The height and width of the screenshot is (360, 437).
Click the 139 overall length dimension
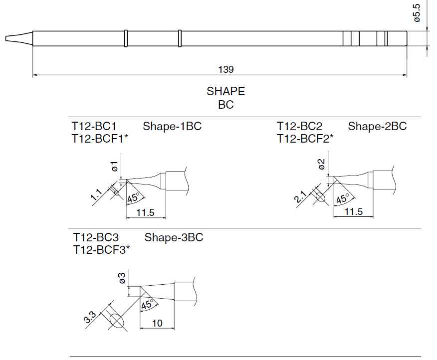pyautogui.click(x=226, y=70)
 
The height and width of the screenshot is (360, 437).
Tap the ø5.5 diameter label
pyautogui.click(x=418, y=13)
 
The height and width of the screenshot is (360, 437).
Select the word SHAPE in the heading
pyautogui.click(x=226, y=92)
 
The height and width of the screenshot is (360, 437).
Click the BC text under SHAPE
pyautogui.click(x=226, y=105)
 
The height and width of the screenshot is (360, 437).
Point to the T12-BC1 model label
pyautogui.click(x=94, y=127)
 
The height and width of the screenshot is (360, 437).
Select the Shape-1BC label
pyautogui.click(x=172, y=127)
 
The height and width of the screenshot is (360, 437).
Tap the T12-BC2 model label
pyautogui.click(x=300, y=127)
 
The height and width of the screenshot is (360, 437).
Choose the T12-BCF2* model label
pyautogui.click(x=305, y=139)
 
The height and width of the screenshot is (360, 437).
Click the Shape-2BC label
pyautogui.click(x=377, y=127)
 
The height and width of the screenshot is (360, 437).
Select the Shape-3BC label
pyautogui.click(x=174, y=237)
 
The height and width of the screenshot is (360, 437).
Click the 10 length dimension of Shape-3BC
pyautogui.click(x=157, y=324)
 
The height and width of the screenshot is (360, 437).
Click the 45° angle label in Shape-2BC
pyautogui.click(x=342, y=199)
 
